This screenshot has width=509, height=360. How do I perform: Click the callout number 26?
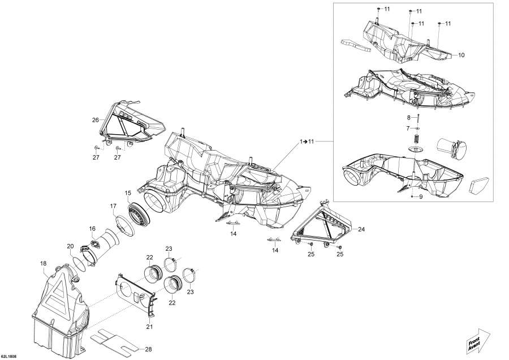click(x=95, y=120)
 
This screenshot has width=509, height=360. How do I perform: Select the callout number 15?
click(x=128, y=193)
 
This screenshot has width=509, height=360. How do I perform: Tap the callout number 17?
click(x=113, y=206)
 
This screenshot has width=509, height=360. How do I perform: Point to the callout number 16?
click(x=92, y=229)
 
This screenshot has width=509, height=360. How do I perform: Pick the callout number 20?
click(x=71, y=246)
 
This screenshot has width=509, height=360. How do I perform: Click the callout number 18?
click(x=43, y=264)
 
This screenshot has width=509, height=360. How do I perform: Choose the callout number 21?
click(x=149, y=327)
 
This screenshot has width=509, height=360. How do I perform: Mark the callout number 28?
click(x=148, y=350)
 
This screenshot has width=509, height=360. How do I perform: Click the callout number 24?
click(x=361, y=229)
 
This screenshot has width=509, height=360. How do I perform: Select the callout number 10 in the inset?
click(x=461, y=55)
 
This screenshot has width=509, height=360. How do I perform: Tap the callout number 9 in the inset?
click(x=421, y=197)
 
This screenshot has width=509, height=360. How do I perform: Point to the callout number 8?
click(x=409, y=117)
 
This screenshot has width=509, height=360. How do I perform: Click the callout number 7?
click(x=408, y=128)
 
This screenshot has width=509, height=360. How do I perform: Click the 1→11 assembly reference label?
click(x=307, y=142)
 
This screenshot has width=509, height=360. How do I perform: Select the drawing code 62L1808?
click(x=8, y=357)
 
